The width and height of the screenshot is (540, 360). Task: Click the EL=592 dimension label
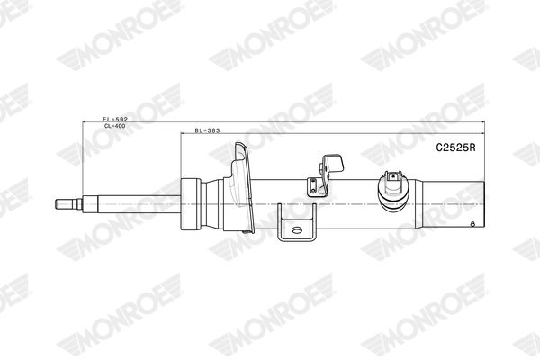(x=115, y=119)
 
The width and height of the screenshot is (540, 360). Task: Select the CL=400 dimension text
(x=114, y=126)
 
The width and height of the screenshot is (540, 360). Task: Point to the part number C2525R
(x=455, y=148)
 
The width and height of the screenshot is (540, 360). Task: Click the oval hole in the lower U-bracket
(x=296, y=229)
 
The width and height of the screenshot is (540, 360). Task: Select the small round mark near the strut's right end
(x=472, y=224)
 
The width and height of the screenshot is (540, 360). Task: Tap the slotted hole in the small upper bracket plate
(x=312, y=186)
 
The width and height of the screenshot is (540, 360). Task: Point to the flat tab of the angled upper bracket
(x=334, y=163)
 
